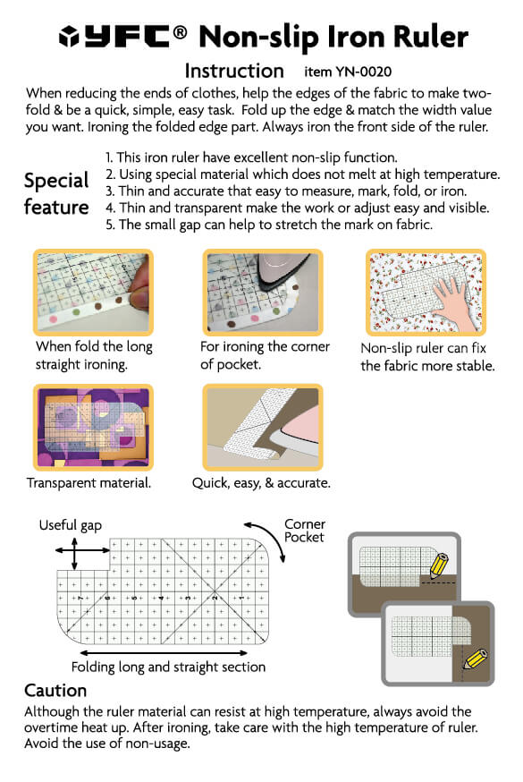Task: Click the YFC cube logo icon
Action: click(x=69, y=37)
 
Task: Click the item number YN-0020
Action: click(x=363, y=72)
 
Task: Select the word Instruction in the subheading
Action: click(x=234, y=71)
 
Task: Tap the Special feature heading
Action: click(x=56, y=193)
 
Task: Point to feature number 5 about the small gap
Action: click(x=269, y=225)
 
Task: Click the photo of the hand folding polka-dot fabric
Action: click(x=93, y=293)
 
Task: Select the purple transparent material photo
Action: click(x=93, y=427)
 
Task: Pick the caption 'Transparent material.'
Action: click(x=89, y=483)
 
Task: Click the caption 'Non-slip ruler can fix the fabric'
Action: click(x=427, y=357)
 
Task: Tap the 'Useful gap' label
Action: click(x=71, y=525)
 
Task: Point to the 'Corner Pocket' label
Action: click(x=304, y=531)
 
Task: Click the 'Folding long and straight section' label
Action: click(x=168, y=667)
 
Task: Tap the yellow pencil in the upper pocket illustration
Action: click(x=439, y=566)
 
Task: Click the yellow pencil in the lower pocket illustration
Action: click(x=475, y=659)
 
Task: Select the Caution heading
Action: click(x=55, y=690)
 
